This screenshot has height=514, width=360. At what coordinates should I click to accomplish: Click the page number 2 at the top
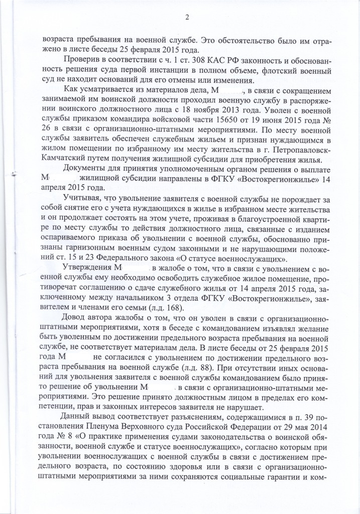pos(186,19)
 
